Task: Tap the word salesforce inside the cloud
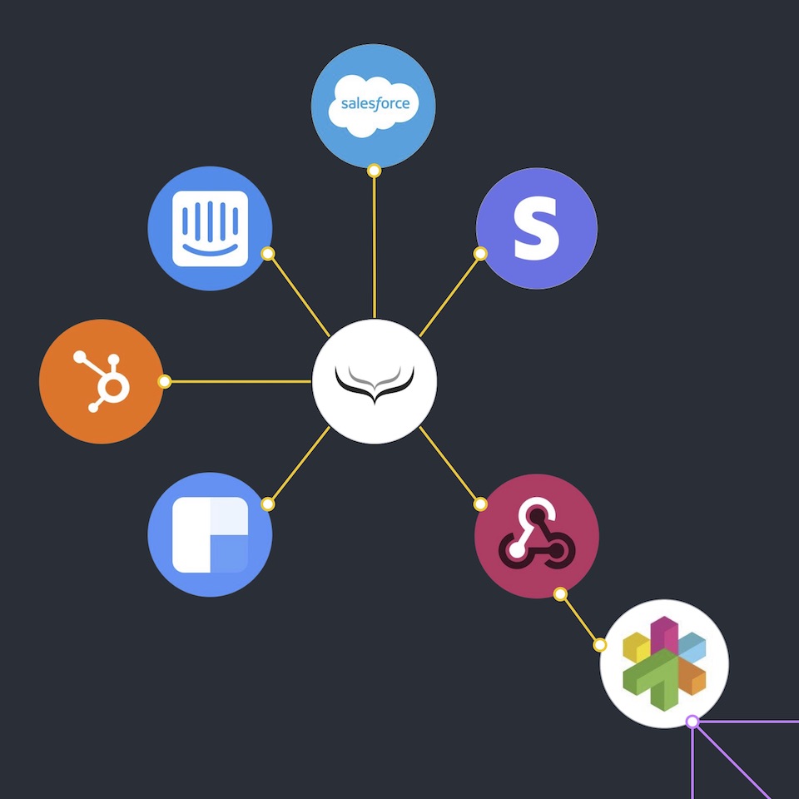pyautogui.click(x=375, y=105)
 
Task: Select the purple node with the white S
pyautogui.click(x=536, y=228)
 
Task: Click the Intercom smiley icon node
pyautogui.click(x=211, y=228)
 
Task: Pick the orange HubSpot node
pyautogui.click(x=101, y=381)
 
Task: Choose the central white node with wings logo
pyautogui.click(x=375, y=381)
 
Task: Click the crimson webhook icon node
pyautogui.click(x=536, y=536)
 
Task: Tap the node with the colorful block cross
pyautogui.click(x=664, y=663)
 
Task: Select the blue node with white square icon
pyautogui.click(x=211, y=534)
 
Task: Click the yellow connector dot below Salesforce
pyautogui.click(x=375, y=171)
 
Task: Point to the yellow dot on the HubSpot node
pyautogui.click(x=165, y=382)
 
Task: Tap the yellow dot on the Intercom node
pyautogui.click(x=268, y=254)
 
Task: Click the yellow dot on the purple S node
pyautogui.click(x=480, y=254)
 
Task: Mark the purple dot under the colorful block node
pyautogui.click(x=692, y=722)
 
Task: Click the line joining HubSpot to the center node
pyautogui.click(x=237, y=382)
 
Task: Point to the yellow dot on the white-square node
pyautogui.click(x=267, y=504)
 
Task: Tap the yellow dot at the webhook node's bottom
pyautogui.click(x=560, y=594)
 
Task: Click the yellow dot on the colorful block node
pyautogui.click(x=599, y=645)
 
